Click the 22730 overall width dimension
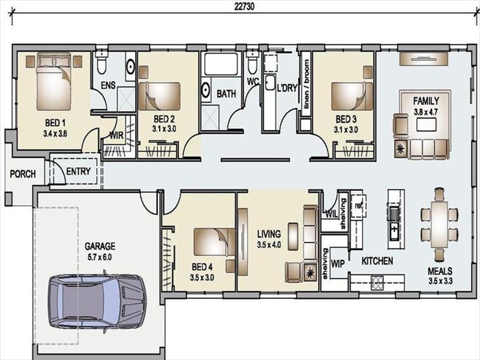tap(244, 7)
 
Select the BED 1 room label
tap(55, 123)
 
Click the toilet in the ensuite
tap(101, 63)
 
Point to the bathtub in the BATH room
tap(221, 64)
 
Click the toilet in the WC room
tap(252, 63)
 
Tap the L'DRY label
tap(287, 88)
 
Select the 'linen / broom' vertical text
tap(306, 84)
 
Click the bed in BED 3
tap(352, 96)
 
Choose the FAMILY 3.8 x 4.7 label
tap(426, 106)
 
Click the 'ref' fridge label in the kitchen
tap(358, 206)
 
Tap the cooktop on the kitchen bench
tap(377, 283)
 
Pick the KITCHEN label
tap(377, 261)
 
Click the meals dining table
tap(439, 224)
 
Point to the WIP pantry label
tap(338, 263)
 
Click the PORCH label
tap(23, 174)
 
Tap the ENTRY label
tap(79, 171)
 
